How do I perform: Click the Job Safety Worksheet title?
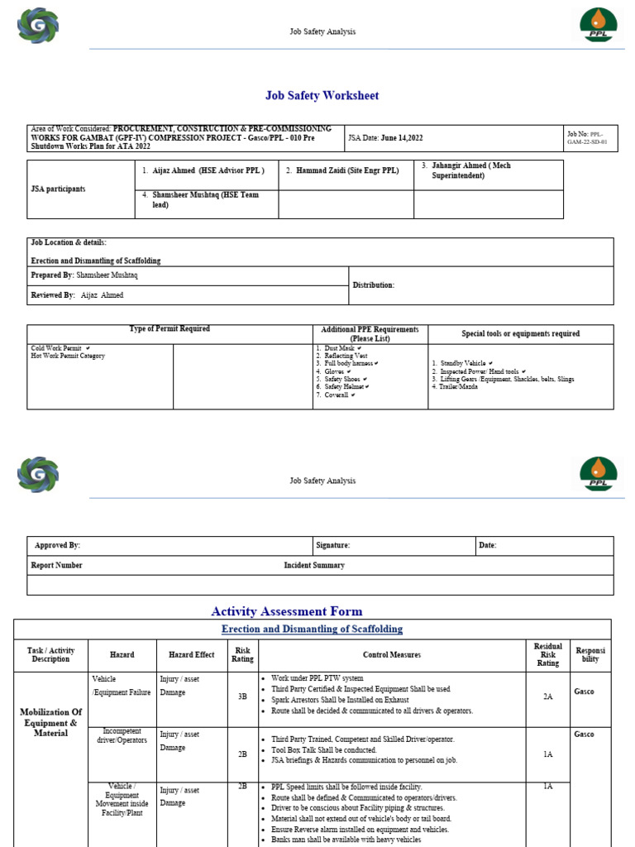[322, 96]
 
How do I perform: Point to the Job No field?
[590, 137]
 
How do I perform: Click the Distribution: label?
[374, 285]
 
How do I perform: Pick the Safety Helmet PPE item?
[346, 386]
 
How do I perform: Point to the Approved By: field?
[57, 546]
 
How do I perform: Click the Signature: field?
[333, 546]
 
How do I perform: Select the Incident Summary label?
[314, 566]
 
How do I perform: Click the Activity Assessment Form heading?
[286, 611]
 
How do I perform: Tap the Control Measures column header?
[391, 655]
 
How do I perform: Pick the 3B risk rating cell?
[242, 696]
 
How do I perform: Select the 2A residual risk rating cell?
[547, 696]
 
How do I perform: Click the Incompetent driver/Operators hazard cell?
[122, 736]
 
